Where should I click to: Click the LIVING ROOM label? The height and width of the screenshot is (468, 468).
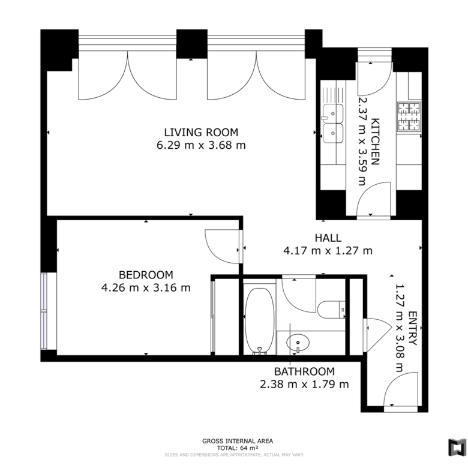click(201, 132)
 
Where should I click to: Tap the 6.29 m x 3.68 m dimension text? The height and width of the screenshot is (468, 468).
click(201, 145)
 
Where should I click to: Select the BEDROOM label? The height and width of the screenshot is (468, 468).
click(146, 275)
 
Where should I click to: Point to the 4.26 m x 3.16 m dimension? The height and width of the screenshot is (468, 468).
click(146, 288)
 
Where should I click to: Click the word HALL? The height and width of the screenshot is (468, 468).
click(328, 238)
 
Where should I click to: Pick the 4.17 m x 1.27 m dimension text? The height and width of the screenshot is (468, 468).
click(328, 251)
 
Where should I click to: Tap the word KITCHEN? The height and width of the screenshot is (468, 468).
click(375, 142)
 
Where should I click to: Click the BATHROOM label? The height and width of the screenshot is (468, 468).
click(304, 371)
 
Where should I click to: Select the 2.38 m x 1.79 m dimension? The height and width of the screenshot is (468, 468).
click(304, 385)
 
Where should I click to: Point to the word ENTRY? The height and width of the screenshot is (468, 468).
click(412, 328)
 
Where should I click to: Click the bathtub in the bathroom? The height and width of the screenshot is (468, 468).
click(259, 321)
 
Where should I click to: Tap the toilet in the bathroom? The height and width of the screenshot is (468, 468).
click(331, 310)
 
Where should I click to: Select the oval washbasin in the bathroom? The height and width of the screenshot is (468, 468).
click(298, 342)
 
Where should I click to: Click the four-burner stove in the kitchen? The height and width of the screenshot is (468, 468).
click(409, 117)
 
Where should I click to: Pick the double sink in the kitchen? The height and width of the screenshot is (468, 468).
click(332, 123)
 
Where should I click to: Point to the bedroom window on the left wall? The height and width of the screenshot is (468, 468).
click(44, 311)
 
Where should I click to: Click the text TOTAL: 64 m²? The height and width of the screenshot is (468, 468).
click(238, 448)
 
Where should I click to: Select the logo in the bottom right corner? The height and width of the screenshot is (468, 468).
click(457, 447)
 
